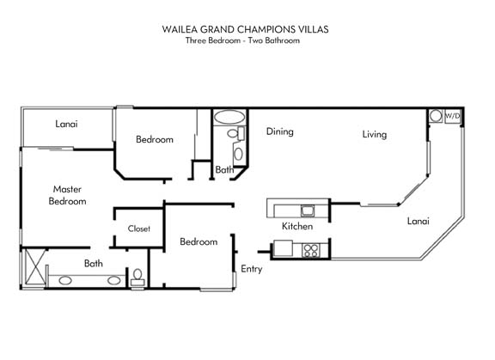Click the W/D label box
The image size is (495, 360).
click(452, 116)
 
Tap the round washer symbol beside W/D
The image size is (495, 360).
click(436, 115)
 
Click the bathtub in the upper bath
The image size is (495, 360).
click(229, 117)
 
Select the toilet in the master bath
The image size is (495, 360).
click(137, 277)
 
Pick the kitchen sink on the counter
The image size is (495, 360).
click(307, 211)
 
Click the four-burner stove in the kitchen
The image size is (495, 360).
click(311, 250)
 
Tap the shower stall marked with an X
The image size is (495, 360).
click(34, 267)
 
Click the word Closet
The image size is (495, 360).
click(139, 229)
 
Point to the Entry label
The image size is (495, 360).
click(252, 269)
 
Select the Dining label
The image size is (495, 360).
click(279, 131)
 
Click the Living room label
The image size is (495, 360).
click(375, 135)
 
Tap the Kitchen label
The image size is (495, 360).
click(297, 226)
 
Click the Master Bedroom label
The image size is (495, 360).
click(67, 195)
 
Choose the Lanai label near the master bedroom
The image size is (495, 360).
click(66, 124)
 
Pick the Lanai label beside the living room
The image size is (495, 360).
click(418, 221)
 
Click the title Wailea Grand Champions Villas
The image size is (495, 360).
click(245, 29)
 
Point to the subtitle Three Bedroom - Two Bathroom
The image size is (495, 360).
click(242, 40)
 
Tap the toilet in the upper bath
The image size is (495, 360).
click(236, 133)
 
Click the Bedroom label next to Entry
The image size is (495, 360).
click(199, 242)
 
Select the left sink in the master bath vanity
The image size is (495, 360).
click(65, 280)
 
